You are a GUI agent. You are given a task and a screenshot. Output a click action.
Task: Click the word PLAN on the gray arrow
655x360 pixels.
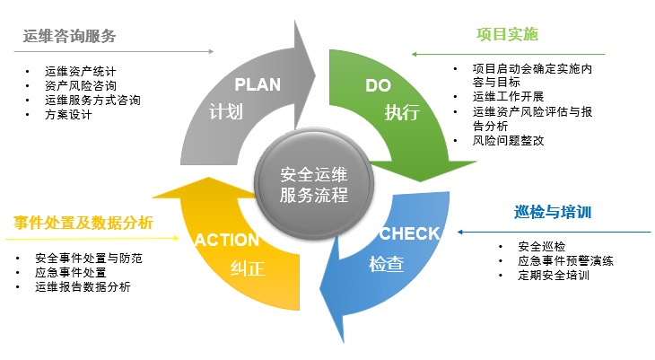(x=258, y=85)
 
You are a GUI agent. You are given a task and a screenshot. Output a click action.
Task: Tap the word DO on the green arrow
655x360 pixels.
(x=379, y=85)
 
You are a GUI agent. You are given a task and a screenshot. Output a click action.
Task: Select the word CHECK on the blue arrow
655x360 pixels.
(x=409, y=233)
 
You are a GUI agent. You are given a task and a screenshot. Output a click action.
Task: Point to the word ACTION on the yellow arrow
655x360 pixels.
(x=227, y=240)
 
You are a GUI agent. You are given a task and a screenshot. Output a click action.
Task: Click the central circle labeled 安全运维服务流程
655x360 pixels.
(x=313, y=184)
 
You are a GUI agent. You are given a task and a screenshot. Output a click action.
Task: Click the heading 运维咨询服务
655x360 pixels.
(x=70, y=37)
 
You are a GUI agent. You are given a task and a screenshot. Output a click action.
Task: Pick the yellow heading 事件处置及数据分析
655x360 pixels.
(x=83, y=223)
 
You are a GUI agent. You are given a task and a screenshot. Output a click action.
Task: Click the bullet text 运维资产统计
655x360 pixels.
(x=81, y=71)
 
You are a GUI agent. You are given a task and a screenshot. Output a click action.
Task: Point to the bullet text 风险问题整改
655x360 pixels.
(x=508, y=141)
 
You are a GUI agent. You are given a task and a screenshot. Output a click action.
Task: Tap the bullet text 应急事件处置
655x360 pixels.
(x=70, y=272)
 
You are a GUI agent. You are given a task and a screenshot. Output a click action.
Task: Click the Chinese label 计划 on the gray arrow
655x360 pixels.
(x=225, y=113)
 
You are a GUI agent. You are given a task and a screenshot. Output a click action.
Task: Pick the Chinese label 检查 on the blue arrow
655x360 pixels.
(x=386, y=265)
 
